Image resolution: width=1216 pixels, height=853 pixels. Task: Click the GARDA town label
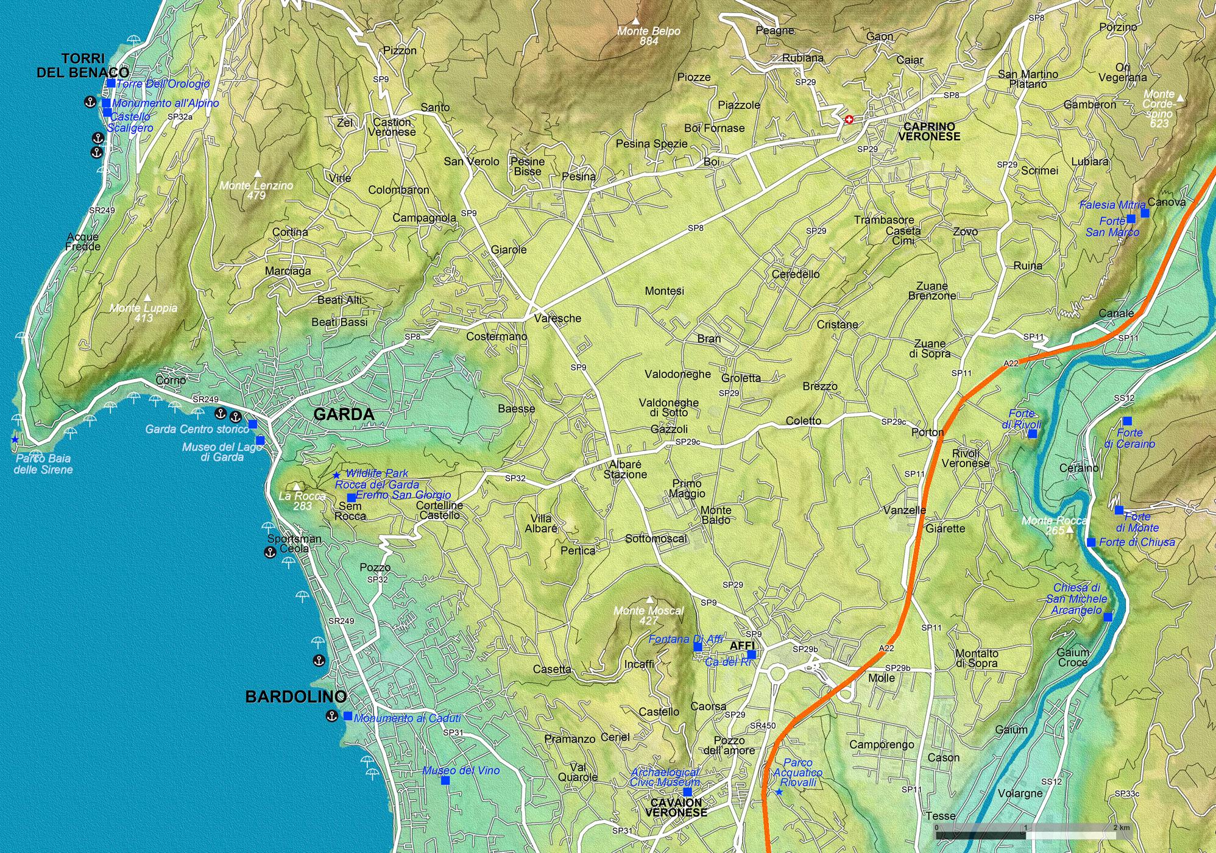coord(344,415)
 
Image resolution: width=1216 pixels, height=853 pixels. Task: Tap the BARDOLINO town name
coord(296,697)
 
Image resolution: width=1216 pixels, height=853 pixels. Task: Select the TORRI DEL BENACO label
coord(83,66)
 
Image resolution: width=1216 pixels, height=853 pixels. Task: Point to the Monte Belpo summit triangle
coord(636,21)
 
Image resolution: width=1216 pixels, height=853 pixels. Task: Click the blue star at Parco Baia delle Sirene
coord(15,439)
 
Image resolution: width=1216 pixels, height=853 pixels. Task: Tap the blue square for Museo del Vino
coord(445,780)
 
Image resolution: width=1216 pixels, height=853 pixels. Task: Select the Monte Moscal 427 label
coord(649,615)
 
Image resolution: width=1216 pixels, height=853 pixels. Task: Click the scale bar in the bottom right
coord(1027,831)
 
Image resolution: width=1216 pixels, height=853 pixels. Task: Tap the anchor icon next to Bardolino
coord(331,716)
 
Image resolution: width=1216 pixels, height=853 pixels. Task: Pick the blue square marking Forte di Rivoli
coord(1033,434)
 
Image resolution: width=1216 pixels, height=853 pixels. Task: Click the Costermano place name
coord(497,337)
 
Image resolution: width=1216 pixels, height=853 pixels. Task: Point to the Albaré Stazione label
coord(625,469)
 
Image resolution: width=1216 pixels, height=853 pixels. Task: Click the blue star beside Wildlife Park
coord(336,475)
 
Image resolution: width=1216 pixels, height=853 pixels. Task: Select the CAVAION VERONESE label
coord(676,807)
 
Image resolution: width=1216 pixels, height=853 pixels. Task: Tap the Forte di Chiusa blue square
coord(1091,542)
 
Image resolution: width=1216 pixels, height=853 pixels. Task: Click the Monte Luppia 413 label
coord(144,313)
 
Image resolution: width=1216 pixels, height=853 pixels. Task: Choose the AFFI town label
coord(741,645)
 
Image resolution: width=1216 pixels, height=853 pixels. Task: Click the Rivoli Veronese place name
coord(966,458)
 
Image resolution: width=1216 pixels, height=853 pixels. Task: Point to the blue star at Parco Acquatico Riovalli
coord(779,792)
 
